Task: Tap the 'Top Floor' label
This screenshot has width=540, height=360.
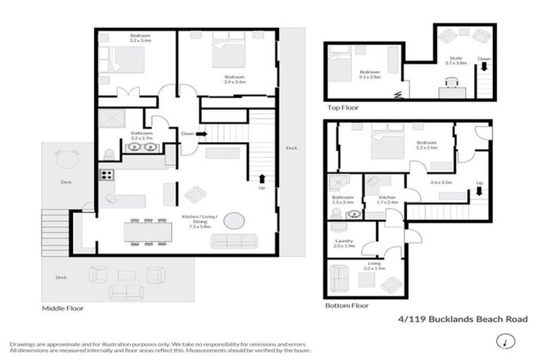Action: coord(342,108)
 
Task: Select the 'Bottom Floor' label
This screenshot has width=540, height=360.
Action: coord(347,307)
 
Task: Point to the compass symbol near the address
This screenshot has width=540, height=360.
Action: coord(503,342)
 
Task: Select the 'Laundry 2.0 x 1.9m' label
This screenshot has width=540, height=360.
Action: coord(345,244)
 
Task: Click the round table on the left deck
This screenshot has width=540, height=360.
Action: coord(66,159)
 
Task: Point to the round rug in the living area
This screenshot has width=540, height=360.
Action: coord(234,221)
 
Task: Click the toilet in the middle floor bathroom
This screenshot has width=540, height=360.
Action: coord(108,154)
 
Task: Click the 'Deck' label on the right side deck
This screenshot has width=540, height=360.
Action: coord(291,148)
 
